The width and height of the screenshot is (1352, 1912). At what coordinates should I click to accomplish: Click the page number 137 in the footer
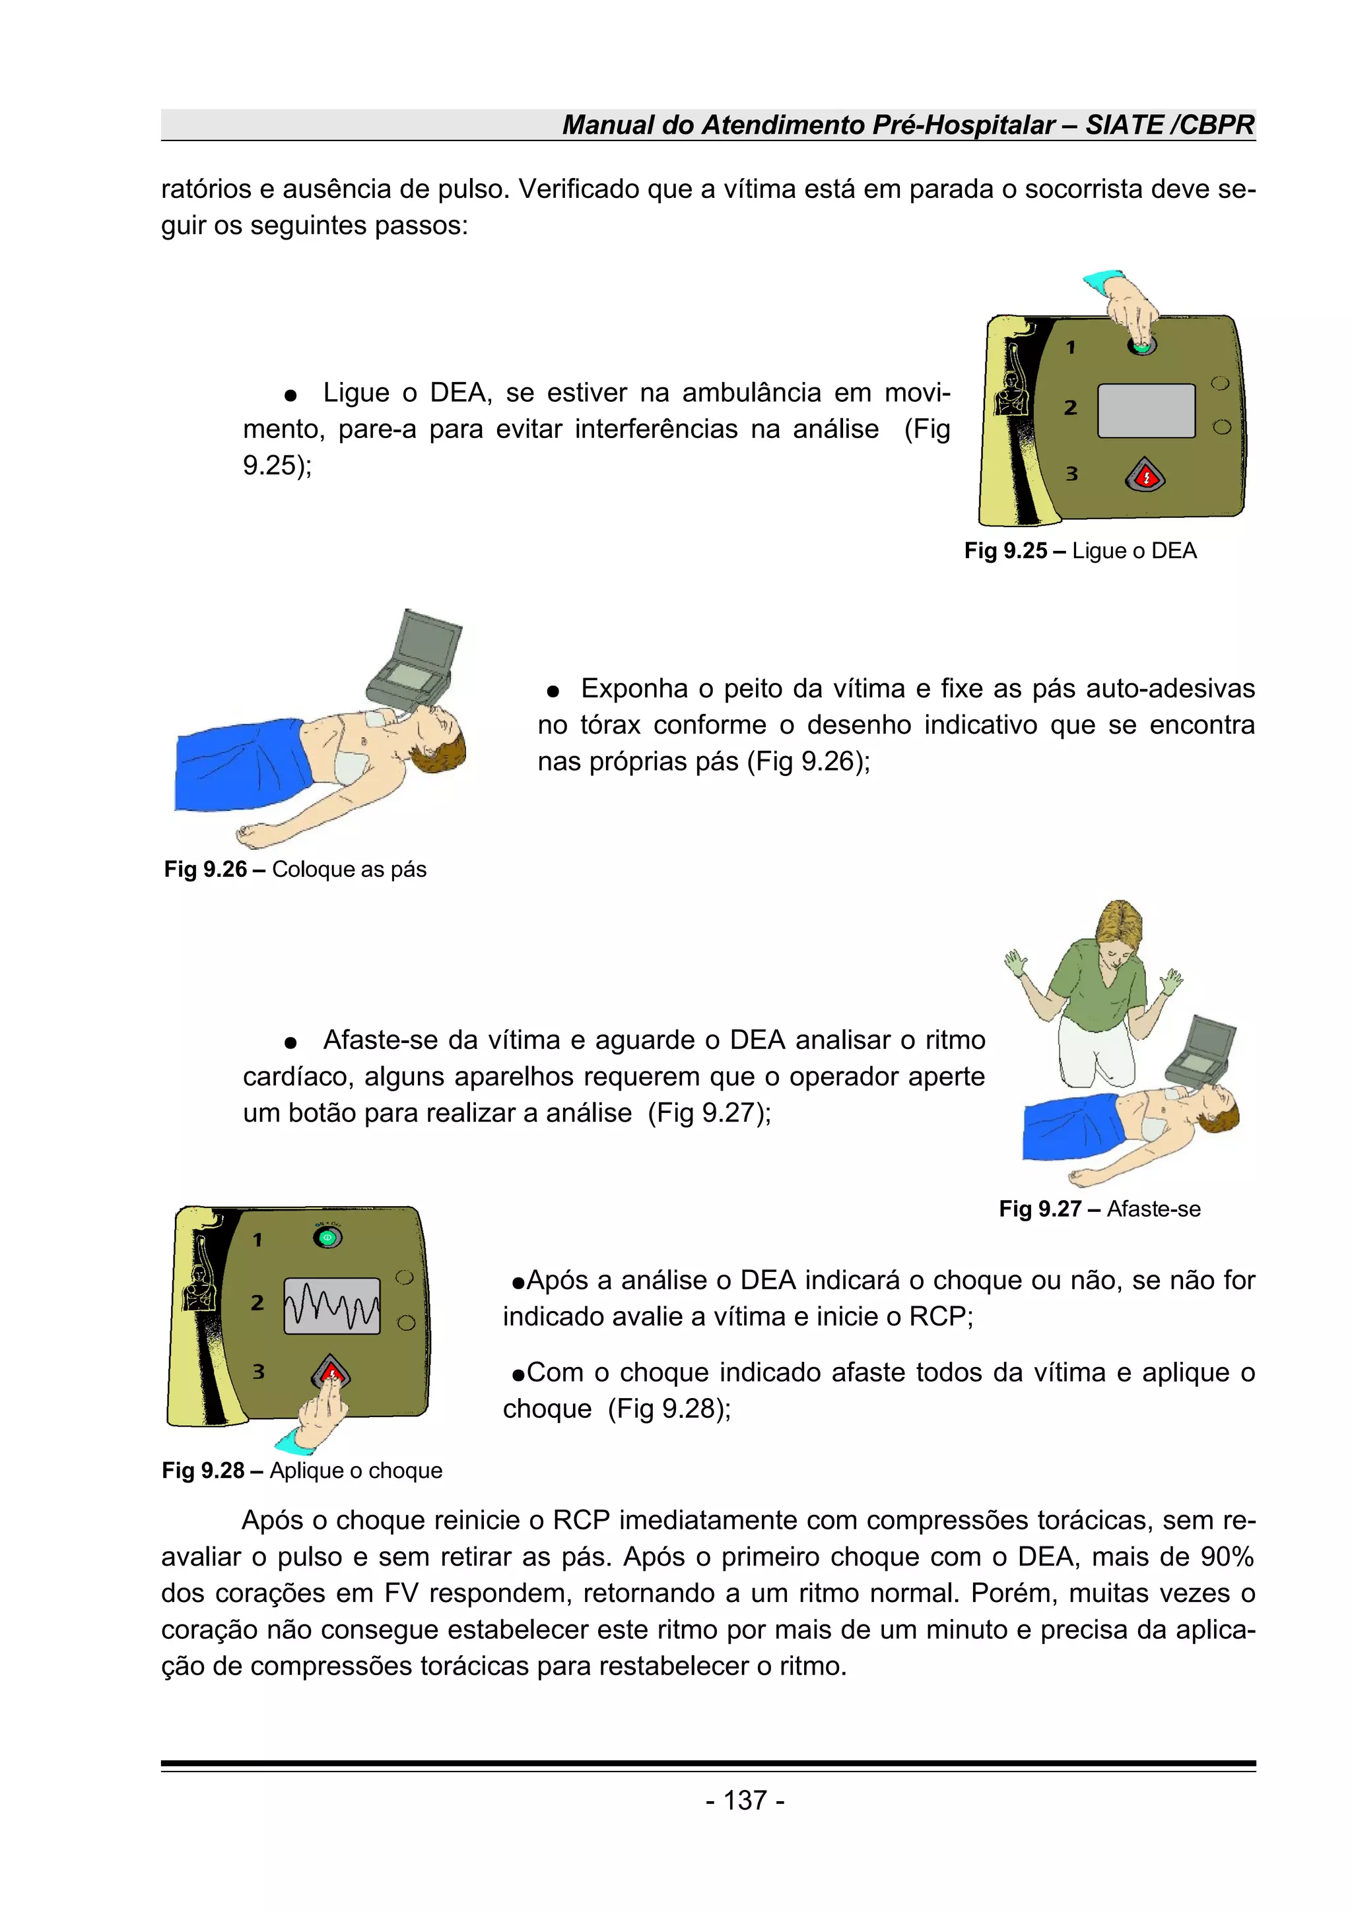[x=745, y=1800]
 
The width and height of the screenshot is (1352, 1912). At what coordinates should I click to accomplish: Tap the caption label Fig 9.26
[x=205, y=870]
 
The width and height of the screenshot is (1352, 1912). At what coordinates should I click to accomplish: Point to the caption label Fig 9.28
[x=203, y=1470]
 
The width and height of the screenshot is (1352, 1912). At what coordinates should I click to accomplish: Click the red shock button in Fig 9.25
[x=1145, y=476]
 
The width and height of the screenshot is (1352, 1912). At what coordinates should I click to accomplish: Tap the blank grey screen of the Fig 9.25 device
[x=1145, y=410]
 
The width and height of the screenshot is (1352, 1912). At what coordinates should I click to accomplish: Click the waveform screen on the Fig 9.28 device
[x=331, y=1306]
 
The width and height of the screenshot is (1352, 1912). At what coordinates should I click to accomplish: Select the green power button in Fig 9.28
[x=327, y=1238]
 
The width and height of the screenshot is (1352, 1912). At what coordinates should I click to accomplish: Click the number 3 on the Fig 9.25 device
[x=1071, y=474]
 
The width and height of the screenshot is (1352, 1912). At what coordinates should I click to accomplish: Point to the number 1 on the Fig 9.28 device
[x=257, y=1240]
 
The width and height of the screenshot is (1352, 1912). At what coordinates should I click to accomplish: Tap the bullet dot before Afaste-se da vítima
[x=290, y=1042]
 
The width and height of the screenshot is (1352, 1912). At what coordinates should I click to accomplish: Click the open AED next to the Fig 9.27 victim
[x=1200, y=1050]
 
